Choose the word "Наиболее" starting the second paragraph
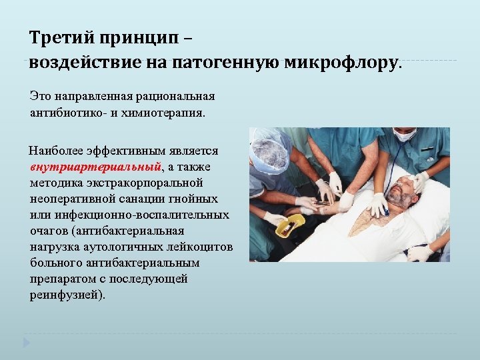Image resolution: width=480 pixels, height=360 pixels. [x=57, y=152]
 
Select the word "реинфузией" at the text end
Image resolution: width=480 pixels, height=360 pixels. [x=66, y=294]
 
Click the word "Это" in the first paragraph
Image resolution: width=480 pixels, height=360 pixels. [x=39, y=97]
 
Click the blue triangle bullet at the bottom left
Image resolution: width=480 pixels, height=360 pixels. [x=27, y=343]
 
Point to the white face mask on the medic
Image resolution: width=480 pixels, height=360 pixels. [x=405, y=135]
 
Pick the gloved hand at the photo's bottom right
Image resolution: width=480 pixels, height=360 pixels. [x=420, y=253]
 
